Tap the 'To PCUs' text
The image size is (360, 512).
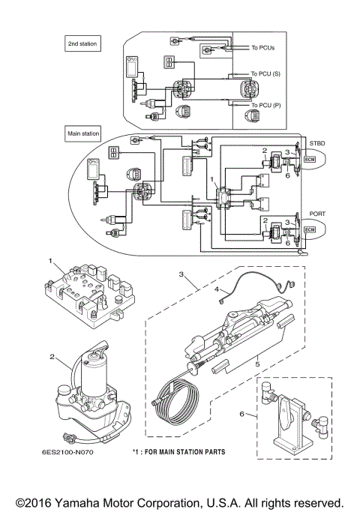click(263, 49)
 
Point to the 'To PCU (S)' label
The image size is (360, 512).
click(267, 75)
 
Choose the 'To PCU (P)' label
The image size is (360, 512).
click(267, 106)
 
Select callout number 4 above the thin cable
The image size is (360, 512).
click(217, 289)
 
